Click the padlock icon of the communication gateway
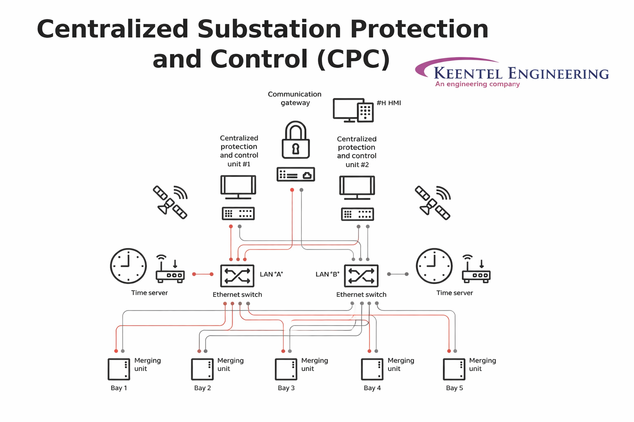tap(296, 140)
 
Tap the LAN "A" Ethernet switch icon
tap(237, 276)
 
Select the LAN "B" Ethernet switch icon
tap(361, 276)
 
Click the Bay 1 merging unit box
tap(119, 369)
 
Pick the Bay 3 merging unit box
tap(286, 369)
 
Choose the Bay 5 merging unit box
tap(454, 369)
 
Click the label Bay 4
tap(372, 388)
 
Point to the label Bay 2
tap(202, 388)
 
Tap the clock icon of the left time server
tap(128, 266)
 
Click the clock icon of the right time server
tap(434, 266)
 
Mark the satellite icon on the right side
tap(433, 202)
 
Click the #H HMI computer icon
tap(353, 110)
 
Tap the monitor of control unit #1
tap(238, 187)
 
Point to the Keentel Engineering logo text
tap(521, 74)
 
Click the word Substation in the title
tap(270, 29)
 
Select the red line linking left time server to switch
tap(203, 274)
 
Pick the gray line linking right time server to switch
tap(397, 274)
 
